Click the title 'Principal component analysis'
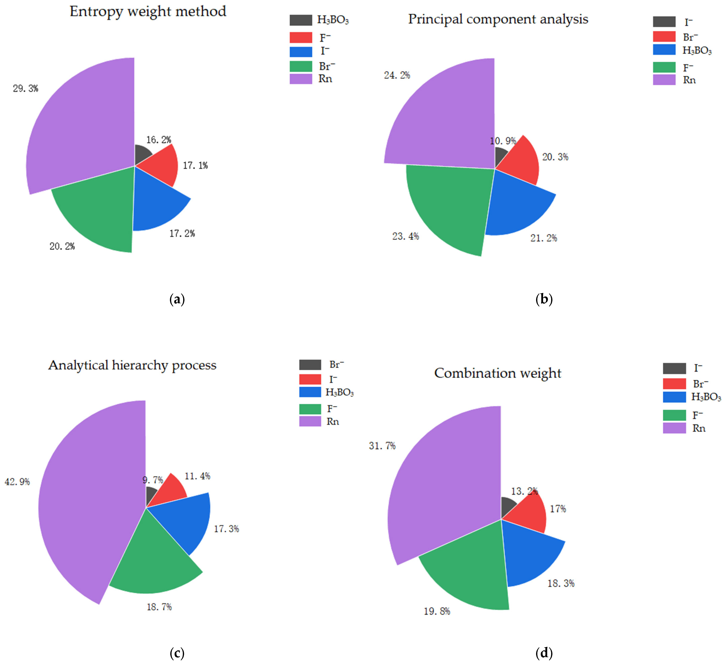pyautogui.click(x=498, y=19)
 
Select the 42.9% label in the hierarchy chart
pyautogui.click(x=17, y=482)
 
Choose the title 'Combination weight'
pyautogui.click(x=497, y=373)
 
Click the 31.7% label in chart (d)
pyautogui.click(x=382, y=446)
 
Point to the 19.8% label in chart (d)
pyautogui.click(x=437, y=611)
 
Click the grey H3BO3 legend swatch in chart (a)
pyautogui.click(x=301, y=20)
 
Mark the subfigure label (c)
pyautogui.click(x=177, y=653)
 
